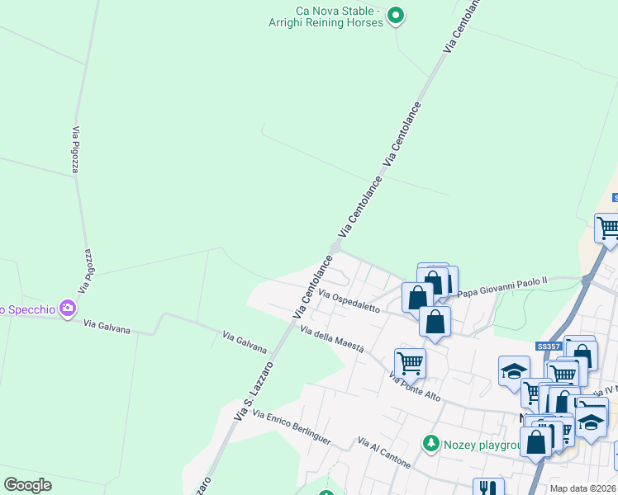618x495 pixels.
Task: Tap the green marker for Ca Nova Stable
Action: tap(396, 15)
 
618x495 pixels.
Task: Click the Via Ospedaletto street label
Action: tap(349, 301)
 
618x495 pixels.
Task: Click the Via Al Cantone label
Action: tap(384, 453)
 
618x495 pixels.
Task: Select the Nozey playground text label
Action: tap(480, 445)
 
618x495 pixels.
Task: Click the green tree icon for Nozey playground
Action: tap(430, 444)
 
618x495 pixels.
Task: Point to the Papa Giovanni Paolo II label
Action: tap(502, 286)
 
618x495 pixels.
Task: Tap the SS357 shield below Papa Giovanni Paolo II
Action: tap(548, 346)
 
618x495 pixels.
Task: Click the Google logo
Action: tap(28, 485)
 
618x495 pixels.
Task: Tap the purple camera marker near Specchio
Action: tap(68, 309)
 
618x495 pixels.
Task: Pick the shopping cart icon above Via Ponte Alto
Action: tap(409, 361)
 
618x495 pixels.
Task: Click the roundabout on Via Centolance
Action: tap(335, 247)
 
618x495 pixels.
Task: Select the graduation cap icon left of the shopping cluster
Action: tap(514, 370)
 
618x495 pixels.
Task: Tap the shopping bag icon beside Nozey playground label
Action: tap(535, 441)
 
